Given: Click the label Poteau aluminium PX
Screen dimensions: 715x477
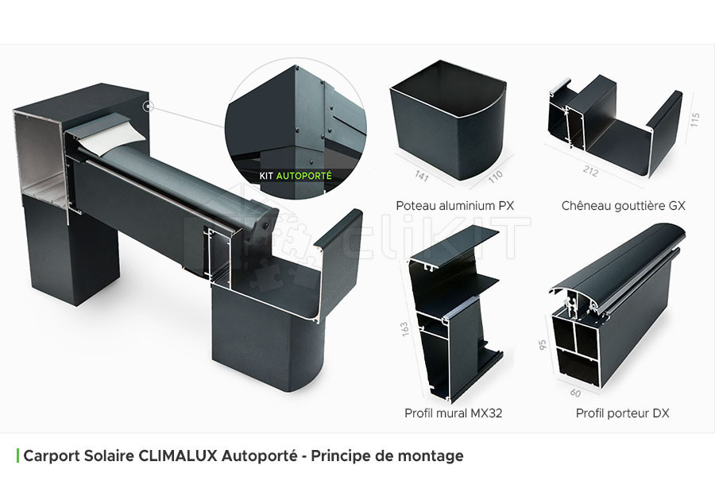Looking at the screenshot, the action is tap(454, 206).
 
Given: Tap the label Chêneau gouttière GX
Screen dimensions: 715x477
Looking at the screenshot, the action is tap(624, 206).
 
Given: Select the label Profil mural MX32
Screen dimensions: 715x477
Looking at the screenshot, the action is tap(454, 413).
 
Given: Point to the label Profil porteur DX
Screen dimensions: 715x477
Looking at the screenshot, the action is tap(622, 413).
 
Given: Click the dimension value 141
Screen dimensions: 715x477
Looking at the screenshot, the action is tap(421, 175).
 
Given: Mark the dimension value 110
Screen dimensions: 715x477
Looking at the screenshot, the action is tap(495, 176).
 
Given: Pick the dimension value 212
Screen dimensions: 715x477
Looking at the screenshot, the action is tap(590, 171).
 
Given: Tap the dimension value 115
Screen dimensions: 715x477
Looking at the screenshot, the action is tap(694, 119).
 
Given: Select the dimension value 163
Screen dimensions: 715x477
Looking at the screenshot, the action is tap(404, 329).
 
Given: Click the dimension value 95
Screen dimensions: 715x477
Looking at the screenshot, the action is tap(542, 344).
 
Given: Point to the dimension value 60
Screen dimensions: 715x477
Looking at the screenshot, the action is tap(575, 393).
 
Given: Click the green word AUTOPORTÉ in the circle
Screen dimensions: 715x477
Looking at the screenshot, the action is tap(303, 175).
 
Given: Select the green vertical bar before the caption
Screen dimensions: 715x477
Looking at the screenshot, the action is tap(17, 456).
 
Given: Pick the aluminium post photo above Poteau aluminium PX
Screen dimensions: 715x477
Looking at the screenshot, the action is tap(448, 121).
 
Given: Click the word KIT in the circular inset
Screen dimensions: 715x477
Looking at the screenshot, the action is tap(266, 176).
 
